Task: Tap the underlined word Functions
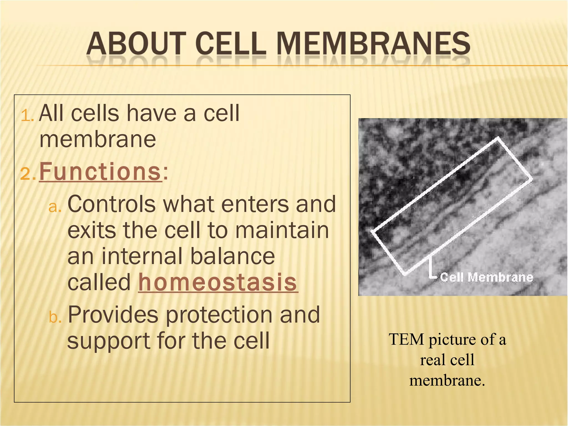(x=100, y=172)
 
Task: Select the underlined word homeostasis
(x=218, y=282)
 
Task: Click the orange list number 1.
(x=27, y=115)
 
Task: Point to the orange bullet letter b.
(x=55, y=317)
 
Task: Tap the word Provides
(x=113, y=315)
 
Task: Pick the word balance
(x=232, y=256)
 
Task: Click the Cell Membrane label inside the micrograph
(x=486, y=277)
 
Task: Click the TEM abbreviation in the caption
(x=407, y=339)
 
